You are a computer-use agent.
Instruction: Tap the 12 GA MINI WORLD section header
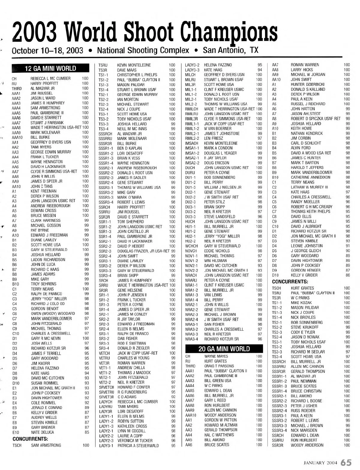[50, 68]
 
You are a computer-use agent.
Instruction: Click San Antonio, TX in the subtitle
[231, 50]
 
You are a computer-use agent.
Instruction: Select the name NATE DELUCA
[43, 432]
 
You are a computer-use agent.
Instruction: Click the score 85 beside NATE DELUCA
[87, 432]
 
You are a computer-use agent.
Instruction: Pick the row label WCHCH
[191, 246]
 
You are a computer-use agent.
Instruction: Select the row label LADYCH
[105, 402]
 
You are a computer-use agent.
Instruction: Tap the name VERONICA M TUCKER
[135, 441]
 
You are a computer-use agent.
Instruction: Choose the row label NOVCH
[191, 251]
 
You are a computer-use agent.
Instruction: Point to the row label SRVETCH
[106, 387]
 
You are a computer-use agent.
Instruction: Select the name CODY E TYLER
[303, 332]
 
